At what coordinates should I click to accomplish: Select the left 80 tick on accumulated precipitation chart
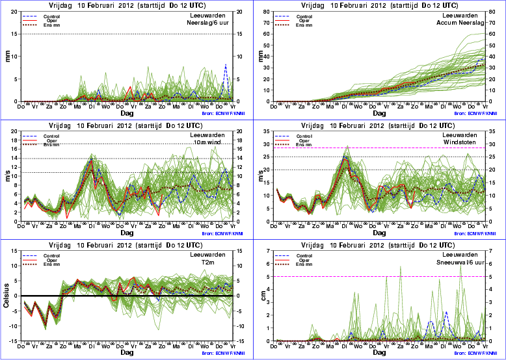(x=272, y=14)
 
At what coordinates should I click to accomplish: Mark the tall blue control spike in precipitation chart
(x=226, y=66)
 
